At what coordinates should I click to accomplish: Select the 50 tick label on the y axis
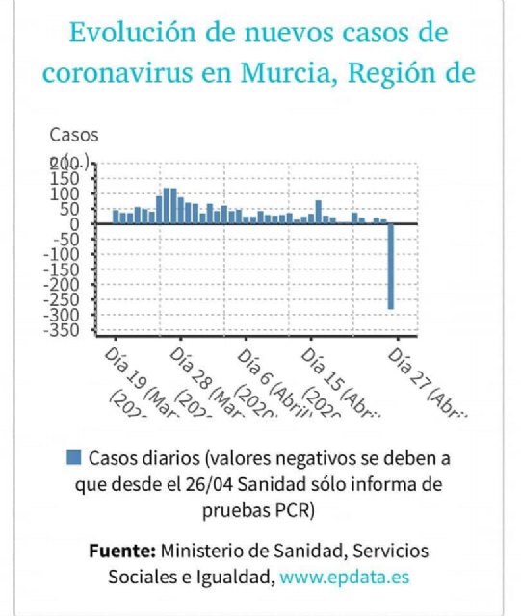pos(77,209)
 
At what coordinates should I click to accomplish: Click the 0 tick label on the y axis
pos(82,224)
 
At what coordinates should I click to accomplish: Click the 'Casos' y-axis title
pos(73,135)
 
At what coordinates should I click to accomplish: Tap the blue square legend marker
pos(72,456)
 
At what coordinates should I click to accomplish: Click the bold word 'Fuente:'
pos(121,552)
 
